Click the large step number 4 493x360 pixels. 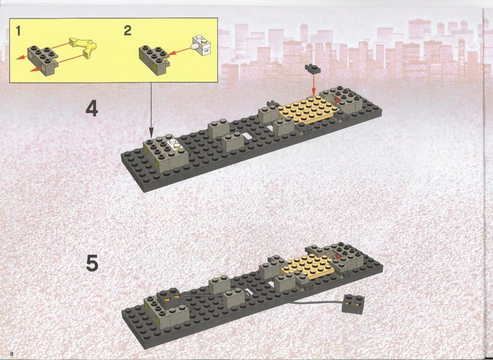(92, 108)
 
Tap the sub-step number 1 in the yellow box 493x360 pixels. (18, 31)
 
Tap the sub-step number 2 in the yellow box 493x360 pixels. (127, 30)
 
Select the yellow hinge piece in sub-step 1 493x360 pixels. (84, 47)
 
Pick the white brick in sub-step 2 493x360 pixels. (201, 45)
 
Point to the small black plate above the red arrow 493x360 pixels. (312, 68)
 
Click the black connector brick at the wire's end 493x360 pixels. (353, 304)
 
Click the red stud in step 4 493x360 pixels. (337, 100)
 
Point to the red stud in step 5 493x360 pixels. (338, 256)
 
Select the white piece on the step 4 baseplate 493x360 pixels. (174, 143)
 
